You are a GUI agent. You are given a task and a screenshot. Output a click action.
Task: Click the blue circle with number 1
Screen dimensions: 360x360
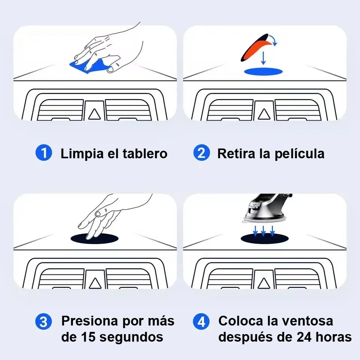pyautogui.click(x=43, y=153)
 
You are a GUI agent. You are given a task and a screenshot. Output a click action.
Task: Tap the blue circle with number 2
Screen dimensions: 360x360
pyautogui.click(x=201, y=153)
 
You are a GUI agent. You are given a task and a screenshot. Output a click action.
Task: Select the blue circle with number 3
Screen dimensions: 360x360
pyautogui.click(x=43, y=321)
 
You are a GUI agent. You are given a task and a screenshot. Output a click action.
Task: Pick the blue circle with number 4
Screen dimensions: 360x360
pyautogui.click(x=201, y=321)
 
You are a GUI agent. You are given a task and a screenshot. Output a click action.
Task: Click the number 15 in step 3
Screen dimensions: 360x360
pyautogui.click(x=88, y=337)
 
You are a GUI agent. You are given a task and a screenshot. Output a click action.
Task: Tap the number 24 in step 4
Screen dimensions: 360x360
pyautogui.click(x=304, y=337)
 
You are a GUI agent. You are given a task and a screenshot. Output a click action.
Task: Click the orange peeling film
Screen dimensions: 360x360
pyautogui.click(x=256, y=49)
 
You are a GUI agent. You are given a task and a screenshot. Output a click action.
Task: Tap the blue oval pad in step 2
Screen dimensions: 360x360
pyautogui.click(x=263, y=71)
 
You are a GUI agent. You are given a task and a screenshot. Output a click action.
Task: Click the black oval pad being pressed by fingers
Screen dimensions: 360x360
pyautogui.click(x=94, y=239)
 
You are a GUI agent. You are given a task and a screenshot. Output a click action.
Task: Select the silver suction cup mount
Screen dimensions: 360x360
pyautogui.click(x=266, y=208)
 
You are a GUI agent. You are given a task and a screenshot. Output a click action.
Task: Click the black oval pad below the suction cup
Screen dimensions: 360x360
pyautogui.click(x=264, y=239)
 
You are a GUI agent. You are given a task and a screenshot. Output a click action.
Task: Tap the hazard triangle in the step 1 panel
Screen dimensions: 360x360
pyautogui.click(x=94, y=114)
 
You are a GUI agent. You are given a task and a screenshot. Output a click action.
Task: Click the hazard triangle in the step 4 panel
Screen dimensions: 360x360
pyautogui.click(x=264, y=283)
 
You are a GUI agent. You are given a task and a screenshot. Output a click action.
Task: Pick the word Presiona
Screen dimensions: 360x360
pyautogui.click(x=90, y=321)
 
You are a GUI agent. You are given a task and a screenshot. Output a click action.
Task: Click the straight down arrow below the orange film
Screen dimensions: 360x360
pyautogui.click(x=263, y=58)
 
